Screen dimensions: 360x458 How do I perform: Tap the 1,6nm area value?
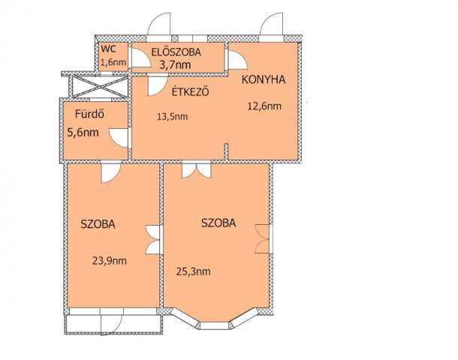click(113, 63)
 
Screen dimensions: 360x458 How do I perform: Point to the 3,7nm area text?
click(175, 65)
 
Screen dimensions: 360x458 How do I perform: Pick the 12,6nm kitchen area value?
click(264, 106)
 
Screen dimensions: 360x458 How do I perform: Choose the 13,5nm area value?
click(172, 116)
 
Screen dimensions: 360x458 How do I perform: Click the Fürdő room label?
click(88, 115)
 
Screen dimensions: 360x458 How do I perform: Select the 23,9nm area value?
click(109, 261)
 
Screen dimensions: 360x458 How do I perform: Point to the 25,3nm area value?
click(193, 271)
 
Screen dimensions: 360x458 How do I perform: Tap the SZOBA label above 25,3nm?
click(219, 223)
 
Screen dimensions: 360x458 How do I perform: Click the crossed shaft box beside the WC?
click(95, 84)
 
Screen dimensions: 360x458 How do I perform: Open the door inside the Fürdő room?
click(119, 138)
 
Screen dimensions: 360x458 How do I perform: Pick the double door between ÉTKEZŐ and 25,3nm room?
click(191, 169)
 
